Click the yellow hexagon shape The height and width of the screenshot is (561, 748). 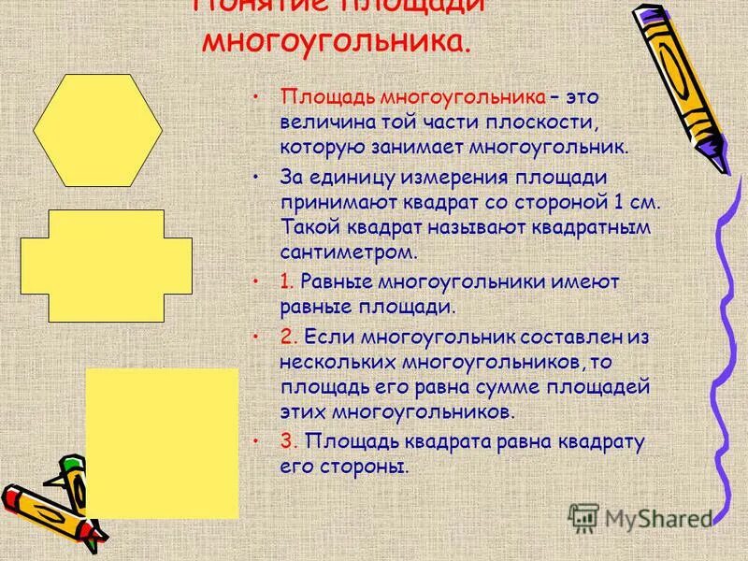(97, 131)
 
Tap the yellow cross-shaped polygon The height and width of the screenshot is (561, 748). (106, 266)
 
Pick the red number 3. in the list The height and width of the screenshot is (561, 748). (288, 441)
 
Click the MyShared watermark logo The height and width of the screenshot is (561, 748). (640, 516)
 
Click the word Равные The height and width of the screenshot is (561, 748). (340, 281)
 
